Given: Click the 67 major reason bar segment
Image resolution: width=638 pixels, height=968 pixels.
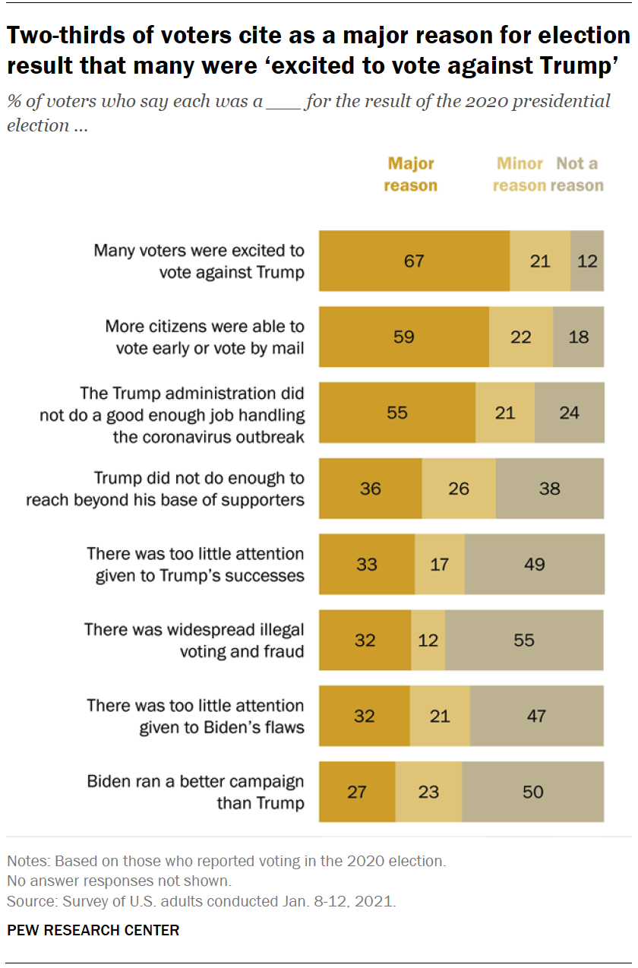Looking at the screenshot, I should coord(414,261).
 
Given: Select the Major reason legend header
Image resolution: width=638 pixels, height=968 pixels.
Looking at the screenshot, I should coord(411,175).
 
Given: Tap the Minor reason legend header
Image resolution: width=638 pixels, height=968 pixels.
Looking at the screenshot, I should coord(520,175).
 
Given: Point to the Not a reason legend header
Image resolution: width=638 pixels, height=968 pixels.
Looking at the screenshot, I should coord(577,175).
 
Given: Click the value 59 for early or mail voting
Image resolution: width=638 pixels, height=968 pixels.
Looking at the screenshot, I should coord(404,337).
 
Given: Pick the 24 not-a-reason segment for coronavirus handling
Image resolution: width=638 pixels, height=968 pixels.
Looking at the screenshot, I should coord(570,413).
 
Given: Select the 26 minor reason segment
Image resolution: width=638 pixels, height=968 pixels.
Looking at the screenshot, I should coord(459,488).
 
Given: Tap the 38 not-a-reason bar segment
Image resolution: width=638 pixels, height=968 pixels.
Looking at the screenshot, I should coord(550,488).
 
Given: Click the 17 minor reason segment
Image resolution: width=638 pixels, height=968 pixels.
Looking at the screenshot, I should coord(440,564).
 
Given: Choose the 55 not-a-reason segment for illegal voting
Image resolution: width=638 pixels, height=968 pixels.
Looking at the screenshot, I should coord(524,640).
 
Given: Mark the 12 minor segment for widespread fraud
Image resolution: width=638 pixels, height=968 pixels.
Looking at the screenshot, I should coord(428,640).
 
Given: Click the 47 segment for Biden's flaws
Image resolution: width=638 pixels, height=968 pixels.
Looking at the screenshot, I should coord(537,716).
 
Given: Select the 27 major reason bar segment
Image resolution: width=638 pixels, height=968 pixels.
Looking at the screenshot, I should coord(357,792).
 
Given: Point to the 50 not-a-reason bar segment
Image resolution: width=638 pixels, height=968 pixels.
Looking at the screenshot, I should coord(533,792).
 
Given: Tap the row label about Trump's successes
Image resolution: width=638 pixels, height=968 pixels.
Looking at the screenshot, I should coord(195,564).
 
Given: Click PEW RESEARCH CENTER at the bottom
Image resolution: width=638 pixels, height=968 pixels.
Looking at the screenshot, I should coord(93,930).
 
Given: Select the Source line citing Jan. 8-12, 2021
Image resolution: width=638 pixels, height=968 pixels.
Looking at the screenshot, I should coord(201,902).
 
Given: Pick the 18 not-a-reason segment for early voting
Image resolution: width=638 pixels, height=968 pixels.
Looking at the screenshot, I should coord(579,337).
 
